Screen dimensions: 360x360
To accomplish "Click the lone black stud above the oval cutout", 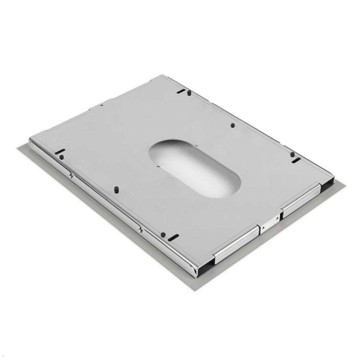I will click(x=233, y=125).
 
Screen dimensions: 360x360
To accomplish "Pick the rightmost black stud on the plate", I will click(x=292, y=154).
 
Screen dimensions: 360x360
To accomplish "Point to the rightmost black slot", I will click(x=296, y=160).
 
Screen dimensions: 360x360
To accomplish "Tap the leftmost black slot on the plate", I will click(x=60, y=151).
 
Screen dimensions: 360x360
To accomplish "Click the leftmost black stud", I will click(x=61, y=157).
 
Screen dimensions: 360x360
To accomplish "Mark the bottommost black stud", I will click(x=163, y=234).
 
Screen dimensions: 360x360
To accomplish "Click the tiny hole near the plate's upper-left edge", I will click(x=102, y=105).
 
